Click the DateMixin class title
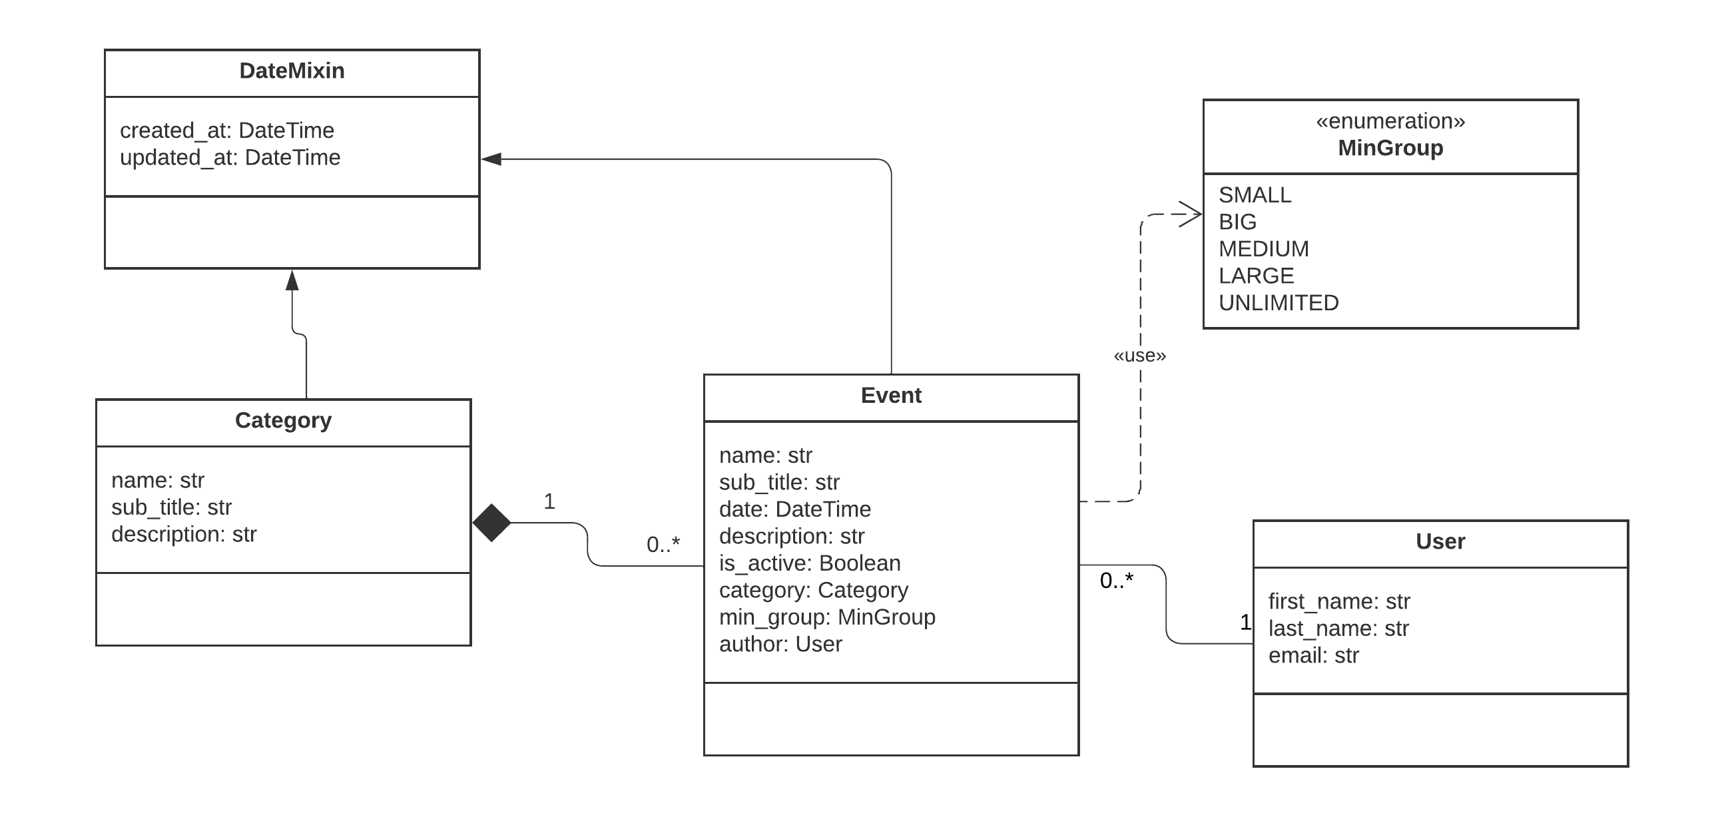click(x=292, y=71)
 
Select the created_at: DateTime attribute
click(x=226, y=130)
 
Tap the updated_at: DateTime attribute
click(x=230, y=158)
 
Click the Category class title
click(x=283, y=421)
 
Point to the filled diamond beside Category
click(x=491, y=523)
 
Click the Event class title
click(x=891, y=396)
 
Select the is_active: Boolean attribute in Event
click(x=810, y=563)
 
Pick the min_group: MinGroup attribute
click(x=827, y=617)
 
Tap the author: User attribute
click(x=780, y=644)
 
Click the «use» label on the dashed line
click(x=1140, y=356)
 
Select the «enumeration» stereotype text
click(x=1390, y=121)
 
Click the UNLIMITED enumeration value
click(x=1279, y=303)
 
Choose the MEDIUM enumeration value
click(x=1264, y=249)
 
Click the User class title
click(x=1440, y=542)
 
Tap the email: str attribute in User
click(x=1313, y=655)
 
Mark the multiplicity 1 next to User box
click(x=1245, y=623)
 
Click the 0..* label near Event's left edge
click(x=663, y=545)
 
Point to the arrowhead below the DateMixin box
click(x=292, y=280)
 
